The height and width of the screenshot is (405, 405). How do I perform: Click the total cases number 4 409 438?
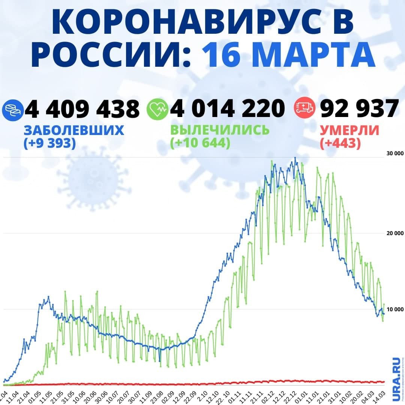(x=82, y=109)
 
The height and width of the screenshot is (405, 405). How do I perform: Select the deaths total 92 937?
(x=359, y=109)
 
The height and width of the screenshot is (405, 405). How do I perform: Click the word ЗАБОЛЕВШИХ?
(x=74, y=130)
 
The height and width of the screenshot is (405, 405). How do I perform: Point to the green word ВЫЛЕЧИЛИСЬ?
(x=220, y=130)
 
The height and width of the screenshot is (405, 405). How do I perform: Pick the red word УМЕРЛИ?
(x=349, y=130)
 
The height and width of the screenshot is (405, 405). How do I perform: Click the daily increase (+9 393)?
(x=49, y=143)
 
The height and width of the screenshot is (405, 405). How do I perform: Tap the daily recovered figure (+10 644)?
(x=200, y=143)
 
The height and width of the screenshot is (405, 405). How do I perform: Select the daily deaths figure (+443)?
(x=340, y=143)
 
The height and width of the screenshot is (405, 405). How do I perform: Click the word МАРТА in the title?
(x=289, y=55)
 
